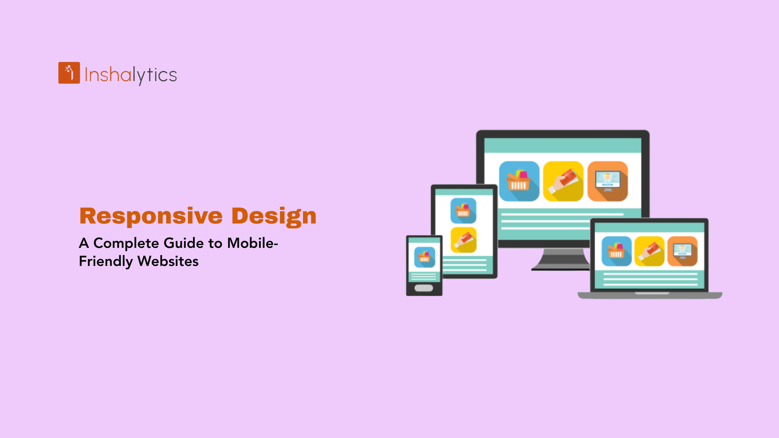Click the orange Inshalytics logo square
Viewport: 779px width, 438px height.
69,73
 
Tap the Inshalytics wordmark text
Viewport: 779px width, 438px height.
131,75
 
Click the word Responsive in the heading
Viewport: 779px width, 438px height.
151,216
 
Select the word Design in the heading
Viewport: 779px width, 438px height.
274,216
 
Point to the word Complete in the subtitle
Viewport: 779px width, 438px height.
126,243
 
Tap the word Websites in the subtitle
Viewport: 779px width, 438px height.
168,261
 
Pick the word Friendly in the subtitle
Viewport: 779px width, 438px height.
106,261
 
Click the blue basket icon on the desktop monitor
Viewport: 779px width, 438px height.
519,181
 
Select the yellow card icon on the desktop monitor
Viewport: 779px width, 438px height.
563,181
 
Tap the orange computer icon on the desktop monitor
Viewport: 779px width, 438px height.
608,181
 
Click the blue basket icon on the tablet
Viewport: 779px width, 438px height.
463,211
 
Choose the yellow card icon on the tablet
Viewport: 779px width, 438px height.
463,240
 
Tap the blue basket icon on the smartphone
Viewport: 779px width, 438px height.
424,257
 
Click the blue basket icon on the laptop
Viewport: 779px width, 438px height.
616,251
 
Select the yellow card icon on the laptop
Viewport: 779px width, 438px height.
649,251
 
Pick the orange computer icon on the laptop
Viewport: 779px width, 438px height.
682,251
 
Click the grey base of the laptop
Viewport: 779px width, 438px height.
650,295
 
